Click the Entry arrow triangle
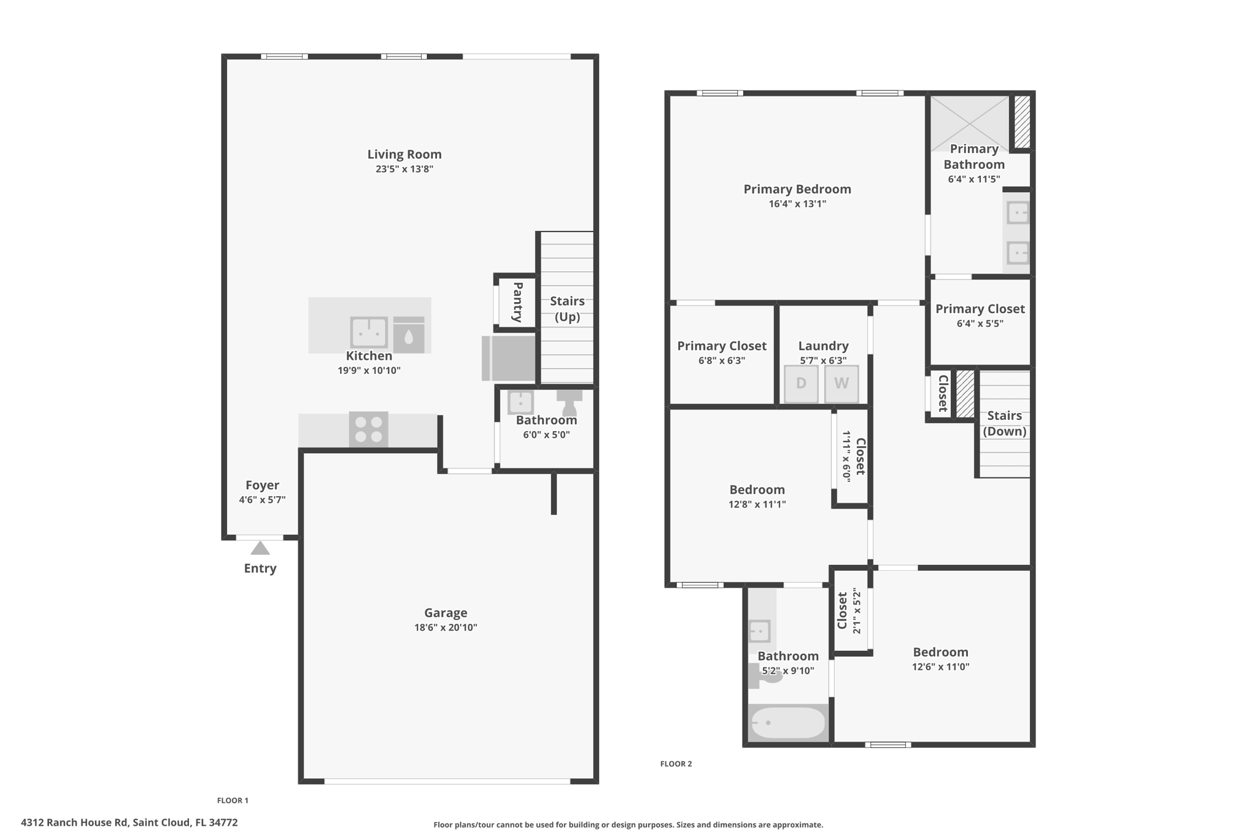coord(260,548)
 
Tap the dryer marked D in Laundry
coord(801,384)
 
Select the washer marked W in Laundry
coord(841,384)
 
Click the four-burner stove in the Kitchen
coord(368,429)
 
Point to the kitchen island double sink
coord(369,332)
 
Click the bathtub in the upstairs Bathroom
coord(788,723)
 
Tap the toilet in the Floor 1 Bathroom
coord(570,402)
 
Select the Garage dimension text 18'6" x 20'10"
coord(446,627)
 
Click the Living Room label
coord(404,154)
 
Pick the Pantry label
coord(517,301)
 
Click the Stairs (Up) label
coord(567,309)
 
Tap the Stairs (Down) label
coord(1005,424)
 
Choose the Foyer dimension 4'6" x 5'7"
coord(262,500)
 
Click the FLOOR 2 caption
coord(676,764)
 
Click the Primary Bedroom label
coord(797,189)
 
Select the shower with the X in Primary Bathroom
coord(970,123)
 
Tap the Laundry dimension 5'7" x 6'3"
coord(823,361)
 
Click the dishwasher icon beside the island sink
coord(409,335)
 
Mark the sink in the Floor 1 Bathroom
coord(520,403)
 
